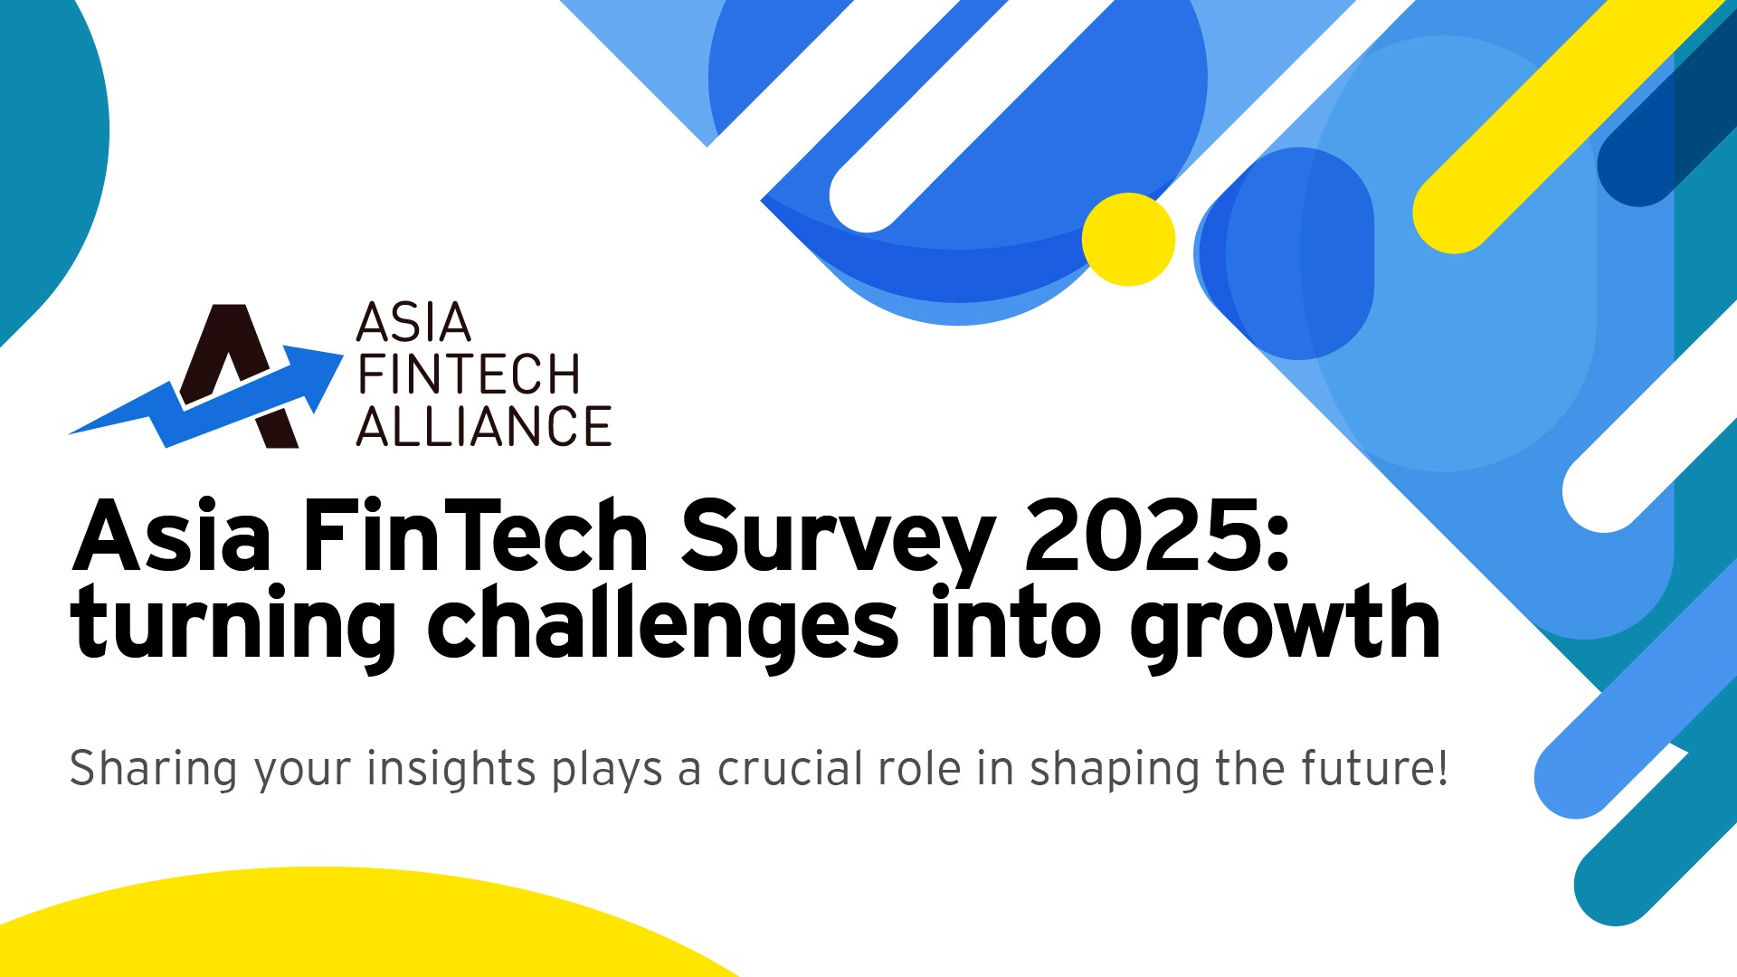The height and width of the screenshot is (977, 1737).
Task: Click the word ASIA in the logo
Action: tap(413, 322)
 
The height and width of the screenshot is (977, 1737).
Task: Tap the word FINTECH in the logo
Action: tap(469, 375)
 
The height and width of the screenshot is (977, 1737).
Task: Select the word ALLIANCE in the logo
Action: tap(484, 426)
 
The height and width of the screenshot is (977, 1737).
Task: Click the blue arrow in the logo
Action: tap(206, 396)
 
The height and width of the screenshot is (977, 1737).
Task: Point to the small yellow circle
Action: tap(1128, 239)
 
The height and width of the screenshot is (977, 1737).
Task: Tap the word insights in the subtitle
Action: tap(451, 770)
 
